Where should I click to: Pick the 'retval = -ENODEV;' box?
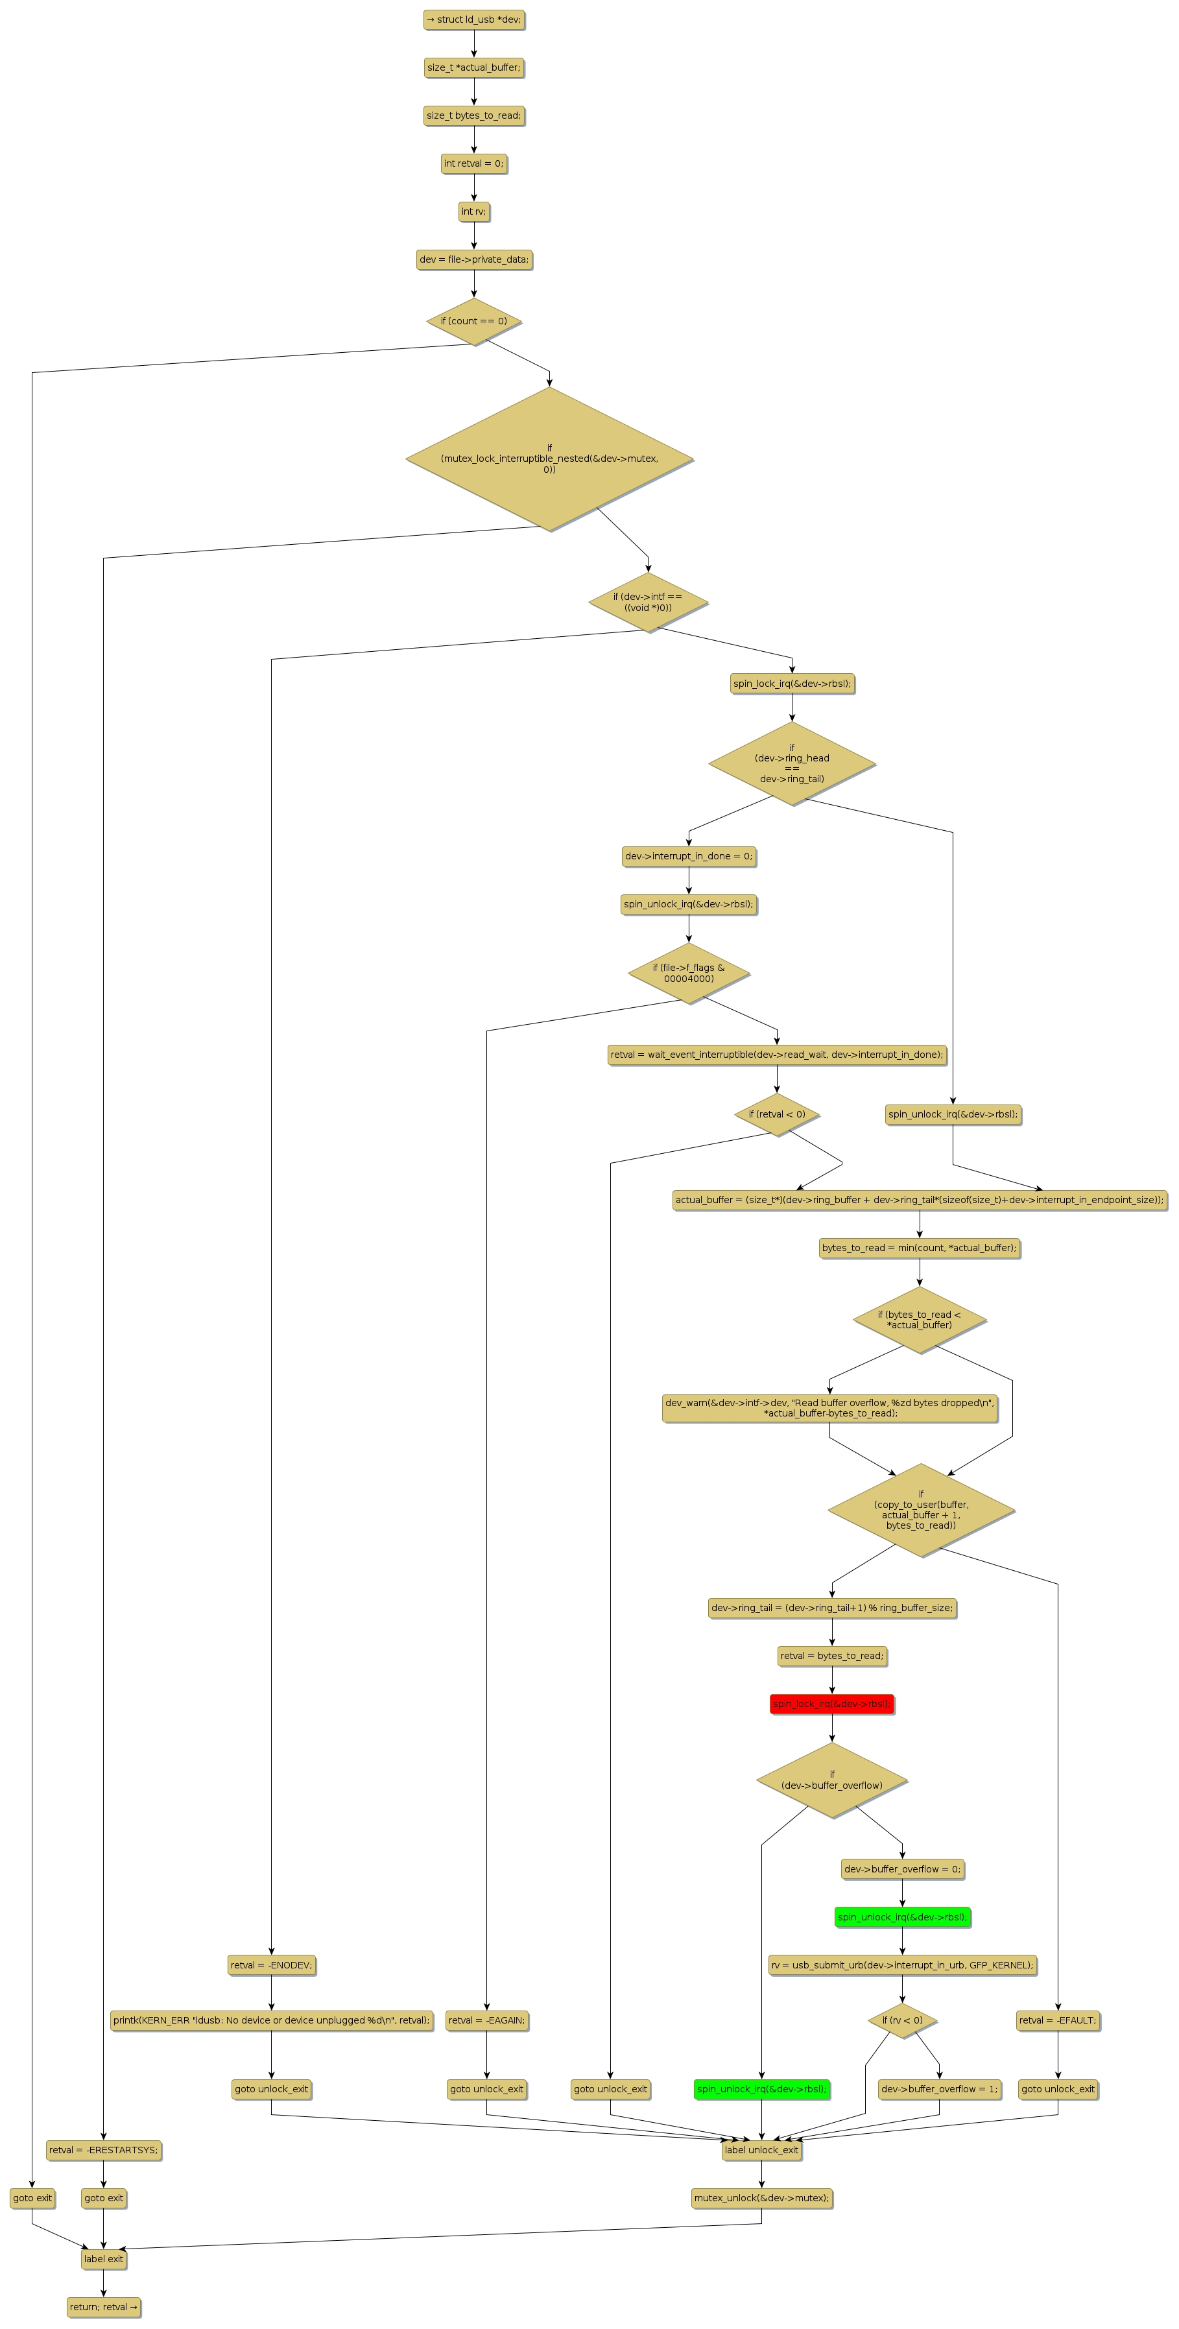tap(270, 1964)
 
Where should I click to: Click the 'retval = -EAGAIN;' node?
tap(486, 2020)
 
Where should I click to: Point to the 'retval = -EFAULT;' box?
tap(1057, 2020)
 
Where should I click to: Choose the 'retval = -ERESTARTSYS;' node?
tap(103, 2149)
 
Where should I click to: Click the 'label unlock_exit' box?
tap(761, 2149)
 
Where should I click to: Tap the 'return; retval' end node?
tap(103, 2306)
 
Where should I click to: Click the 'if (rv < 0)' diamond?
tap(901, 2020)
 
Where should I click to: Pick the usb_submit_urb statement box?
tap(901, 1964)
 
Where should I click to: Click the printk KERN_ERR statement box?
tap(270, 2020)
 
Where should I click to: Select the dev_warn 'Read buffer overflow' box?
tap(829, 1407)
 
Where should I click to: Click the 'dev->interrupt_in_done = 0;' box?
tap(688, 855)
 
